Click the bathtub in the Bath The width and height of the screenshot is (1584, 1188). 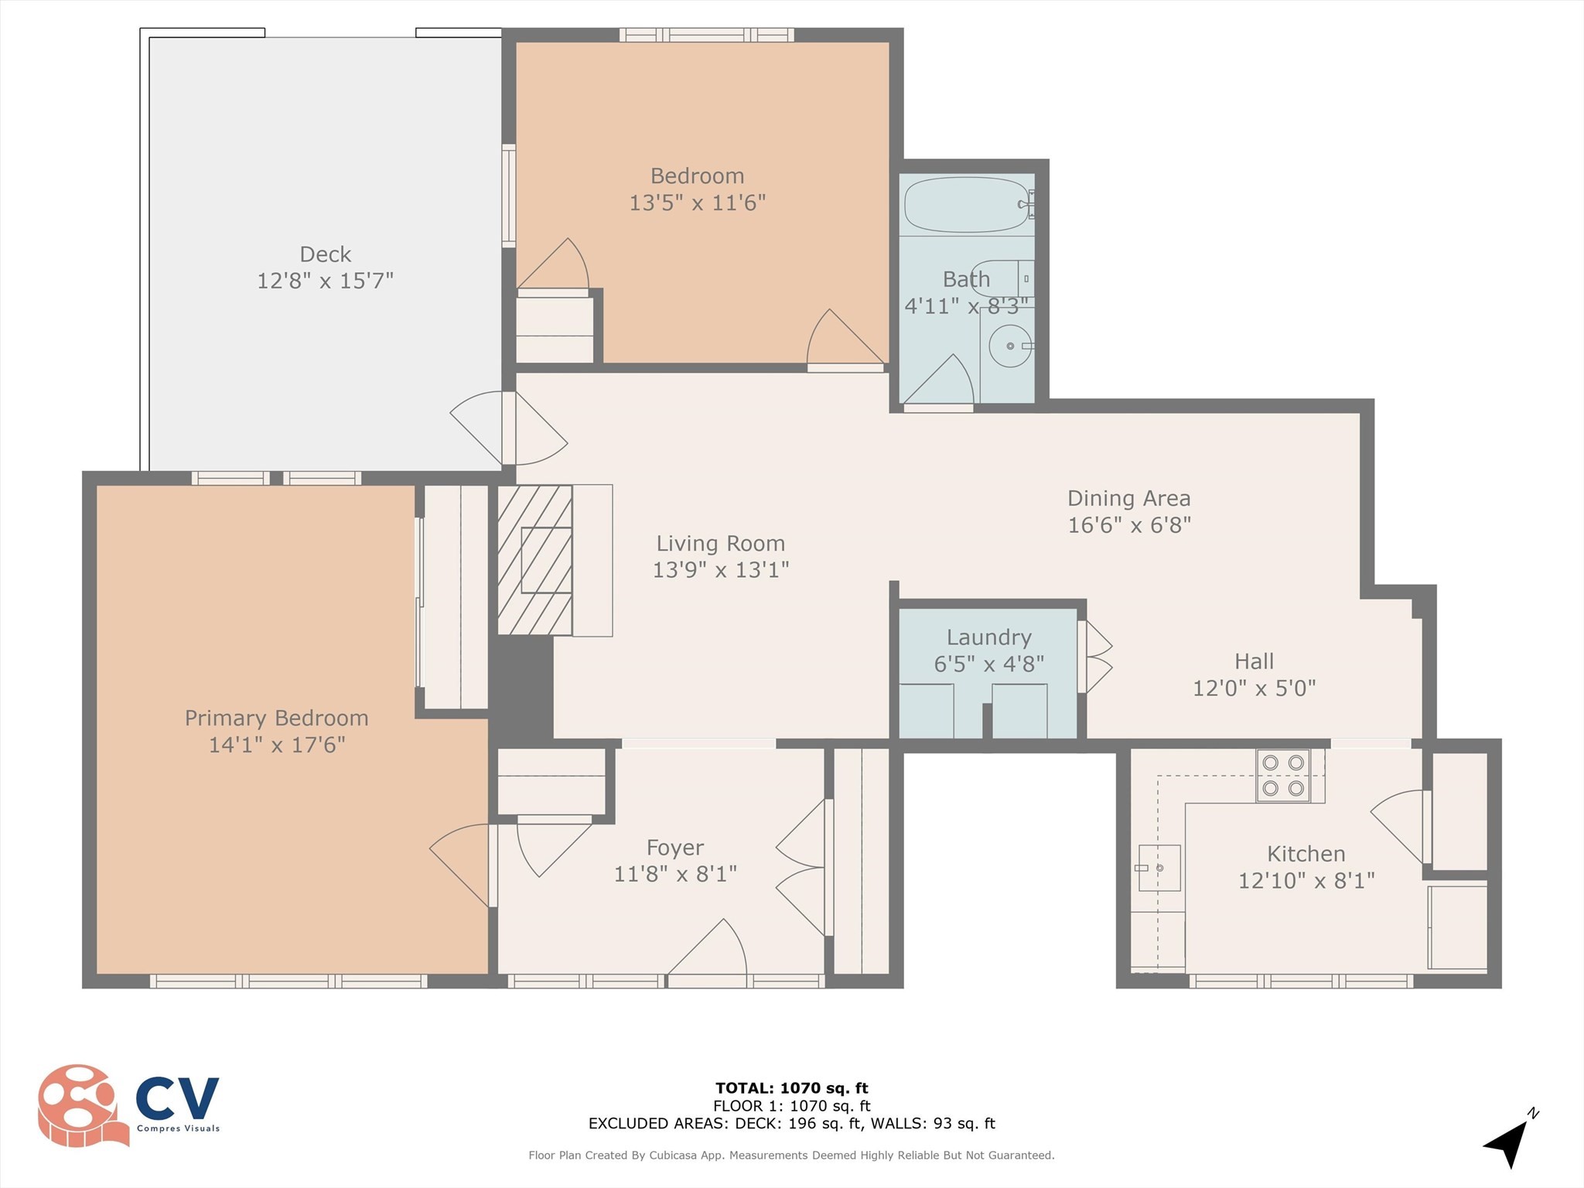[x=967, y=205]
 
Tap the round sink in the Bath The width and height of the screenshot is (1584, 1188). [x=1010, y=346]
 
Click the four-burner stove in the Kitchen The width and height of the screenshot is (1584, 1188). [x=1283, y=775]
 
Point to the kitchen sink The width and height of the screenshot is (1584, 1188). [x=1159, y=868]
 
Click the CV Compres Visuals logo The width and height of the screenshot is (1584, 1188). [x=128, y=1105]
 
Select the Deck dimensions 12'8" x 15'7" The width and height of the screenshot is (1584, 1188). [x=325, y=281]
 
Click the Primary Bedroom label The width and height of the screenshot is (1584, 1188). [x=276, y=718]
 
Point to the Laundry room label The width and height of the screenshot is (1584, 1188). [x=988, y=637]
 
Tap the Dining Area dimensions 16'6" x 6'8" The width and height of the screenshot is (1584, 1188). [x=1128, y=525]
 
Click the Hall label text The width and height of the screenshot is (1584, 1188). [x=1254, y=661]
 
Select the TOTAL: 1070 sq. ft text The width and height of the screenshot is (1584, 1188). [x=791, y=1088]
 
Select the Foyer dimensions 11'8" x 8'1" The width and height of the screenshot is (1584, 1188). [x=674, y=874]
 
